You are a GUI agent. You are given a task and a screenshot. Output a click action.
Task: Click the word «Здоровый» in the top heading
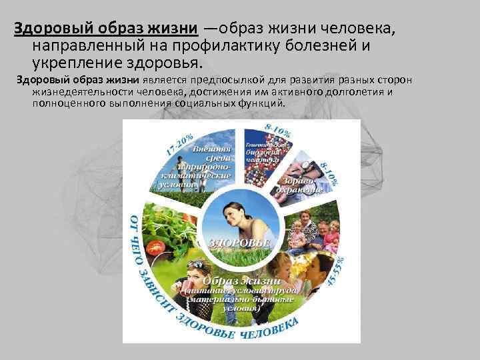(x=46, y=29)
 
